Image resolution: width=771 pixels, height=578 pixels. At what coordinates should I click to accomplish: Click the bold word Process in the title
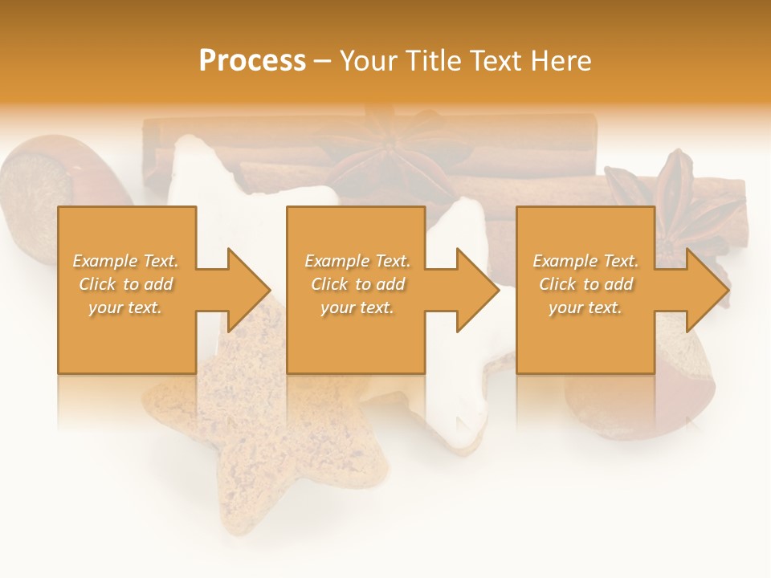[x=252, y=61]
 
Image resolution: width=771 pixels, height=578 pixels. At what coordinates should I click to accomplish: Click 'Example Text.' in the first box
[x=126, y=261]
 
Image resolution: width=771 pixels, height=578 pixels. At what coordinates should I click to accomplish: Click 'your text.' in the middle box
[x=357, y=307]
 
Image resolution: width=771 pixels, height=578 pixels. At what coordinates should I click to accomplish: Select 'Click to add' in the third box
[x=585, y=284]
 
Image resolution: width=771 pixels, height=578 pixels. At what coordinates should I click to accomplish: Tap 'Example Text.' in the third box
[x=585, y=261]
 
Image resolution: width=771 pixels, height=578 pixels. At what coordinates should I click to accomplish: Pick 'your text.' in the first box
[x=126, y=307]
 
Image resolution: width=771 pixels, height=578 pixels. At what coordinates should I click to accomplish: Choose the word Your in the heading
[x=369, y=61]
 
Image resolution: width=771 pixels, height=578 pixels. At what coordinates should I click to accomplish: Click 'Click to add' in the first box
[x=126, y=284]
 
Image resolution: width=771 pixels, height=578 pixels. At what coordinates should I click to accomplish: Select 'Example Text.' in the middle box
[x=357, y=261]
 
